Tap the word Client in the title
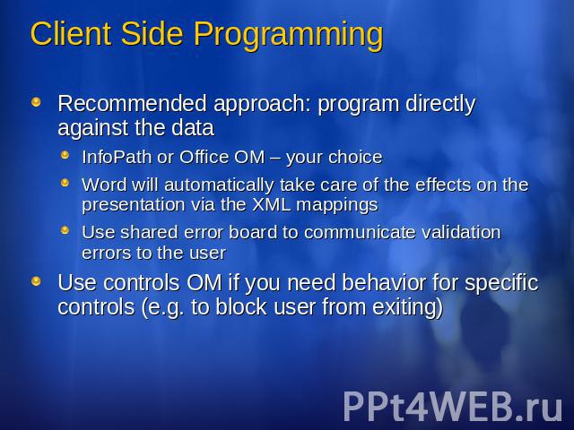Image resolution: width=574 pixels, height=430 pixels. click(71, 33)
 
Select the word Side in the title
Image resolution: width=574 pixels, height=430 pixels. click(152, 33)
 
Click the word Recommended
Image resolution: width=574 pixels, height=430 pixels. click(132, 103)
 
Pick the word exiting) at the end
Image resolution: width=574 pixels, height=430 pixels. click(407, 307)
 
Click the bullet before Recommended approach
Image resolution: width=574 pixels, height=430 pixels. click(36, 101)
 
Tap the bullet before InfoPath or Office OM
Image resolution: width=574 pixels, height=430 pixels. click(65, 155)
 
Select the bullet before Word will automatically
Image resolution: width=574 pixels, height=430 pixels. click(65, 182)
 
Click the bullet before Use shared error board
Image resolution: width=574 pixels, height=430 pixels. click(65, 230)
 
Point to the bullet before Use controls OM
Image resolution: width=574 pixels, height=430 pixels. click(36, 281)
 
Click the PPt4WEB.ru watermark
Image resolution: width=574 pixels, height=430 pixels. click(452, 406)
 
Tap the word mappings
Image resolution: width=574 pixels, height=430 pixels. click(337, 205)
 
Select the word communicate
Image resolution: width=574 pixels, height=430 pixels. click(360, 232)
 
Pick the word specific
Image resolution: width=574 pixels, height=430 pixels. click(501, 284)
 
